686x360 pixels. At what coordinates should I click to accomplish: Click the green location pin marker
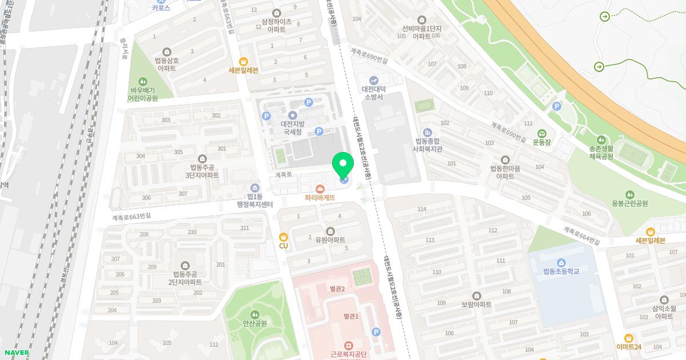pos(343,166)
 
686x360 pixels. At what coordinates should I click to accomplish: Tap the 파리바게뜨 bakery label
pos(320,198)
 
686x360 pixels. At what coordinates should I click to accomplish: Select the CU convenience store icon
pos(284,237)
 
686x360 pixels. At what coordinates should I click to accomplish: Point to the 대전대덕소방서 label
pos(374,93)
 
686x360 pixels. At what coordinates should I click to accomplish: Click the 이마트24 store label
pos(629,347)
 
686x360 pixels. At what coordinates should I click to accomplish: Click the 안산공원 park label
pos(255,323)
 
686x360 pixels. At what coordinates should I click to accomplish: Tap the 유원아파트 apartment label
pos(332,240)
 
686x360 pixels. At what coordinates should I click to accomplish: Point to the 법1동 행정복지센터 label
pos(255,201)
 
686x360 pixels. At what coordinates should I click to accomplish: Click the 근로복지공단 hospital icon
pos(348,345)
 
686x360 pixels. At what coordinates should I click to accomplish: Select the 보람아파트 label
pos(477,305)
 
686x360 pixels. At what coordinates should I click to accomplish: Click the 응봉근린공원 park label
pos(629,203)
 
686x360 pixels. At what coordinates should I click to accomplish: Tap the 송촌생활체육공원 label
pos(601,151)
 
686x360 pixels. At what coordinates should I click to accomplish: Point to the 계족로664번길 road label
pos(582,236)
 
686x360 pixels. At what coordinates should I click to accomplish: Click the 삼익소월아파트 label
pos(664,312)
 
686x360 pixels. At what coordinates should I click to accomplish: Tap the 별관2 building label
pos(337,289)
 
